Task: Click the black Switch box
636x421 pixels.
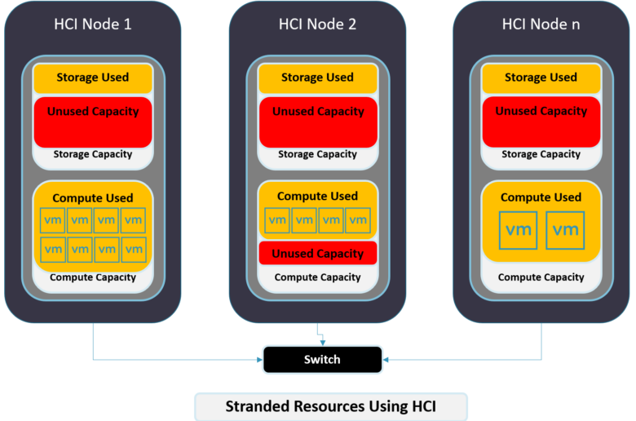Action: click(322, 359)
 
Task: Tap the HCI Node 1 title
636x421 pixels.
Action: click(93, 24)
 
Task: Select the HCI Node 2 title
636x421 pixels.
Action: click(317, 24)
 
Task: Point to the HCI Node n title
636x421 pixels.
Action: click(541, 24)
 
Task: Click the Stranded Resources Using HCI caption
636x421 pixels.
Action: click(331, 406)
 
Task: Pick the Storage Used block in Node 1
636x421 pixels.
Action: click(93, 78)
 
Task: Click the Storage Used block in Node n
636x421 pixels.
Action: click(541, 78)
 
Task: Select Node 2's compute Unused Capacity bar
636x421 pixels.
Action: click(318, 253)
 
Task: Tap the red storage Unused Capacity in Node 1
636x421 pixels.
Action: click(93, 122)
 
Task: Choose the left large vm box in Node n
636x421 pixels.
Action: click(519, 230)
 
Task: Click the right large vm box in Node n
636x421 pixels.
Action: click(565, 230)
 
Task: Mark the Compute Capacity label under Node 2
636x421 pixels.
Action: click(318, 277)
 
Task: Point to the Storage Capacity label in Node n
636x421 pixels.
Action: click(541, 154)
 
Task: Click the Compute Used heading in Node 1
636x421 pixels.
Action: click(93, 198)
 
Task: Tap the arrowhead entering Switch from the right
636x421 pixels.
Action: click(386, 360)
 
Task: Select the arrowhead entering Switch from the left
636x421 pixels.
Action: click(259, 360)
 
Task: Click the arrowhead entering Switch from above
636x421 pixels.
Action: click(323, 343)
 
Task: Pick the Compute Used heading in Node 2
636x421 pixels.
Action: click(318, 196)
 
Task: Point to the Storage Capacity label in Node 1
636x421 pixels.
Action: click(93, 154)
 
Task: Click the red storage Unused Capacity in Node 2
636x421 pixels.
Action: click(318, 122)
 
